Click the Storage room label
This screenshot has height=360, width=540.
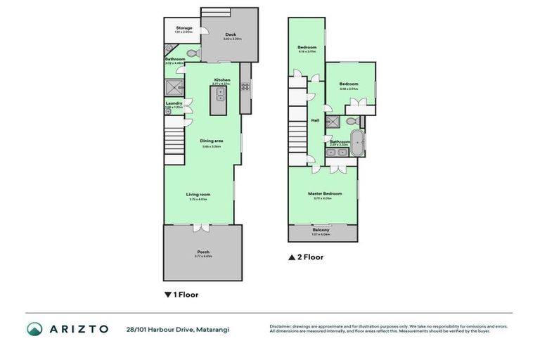[x=183, y=28]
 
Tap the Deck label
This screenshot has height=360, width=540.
[x=230, y=34]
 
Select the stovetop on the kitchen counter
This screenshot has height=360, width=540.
[x=245, y=87]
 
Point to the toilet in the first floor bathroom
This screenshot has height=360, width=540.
[x=193, y=53]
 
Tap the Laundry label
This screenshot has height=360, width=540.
[x=174, y=103]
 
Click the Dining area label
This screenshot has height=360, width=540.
[x=212, y=141]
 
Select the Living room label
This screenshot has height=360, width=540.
[x=198, y=194]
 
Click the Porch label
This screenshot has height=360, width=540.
[x=203, y=252]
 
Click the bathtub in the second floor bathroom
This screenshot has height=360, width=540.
[x=359, y=141]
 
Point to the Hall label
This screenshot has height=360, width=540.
[x=315, y=120]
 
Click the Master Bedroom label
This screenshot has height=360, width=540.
[x=325, y=193]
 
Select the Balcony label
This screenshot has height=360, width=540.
[x=321, y=231]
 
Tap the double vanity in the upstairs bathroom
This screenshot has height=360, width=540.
[x=335, y=151]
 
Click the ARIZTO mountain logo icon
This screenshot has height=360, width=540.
[x=34, y=329]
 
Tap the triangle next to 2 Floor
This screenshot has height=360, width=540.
[x=291, y=257]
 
